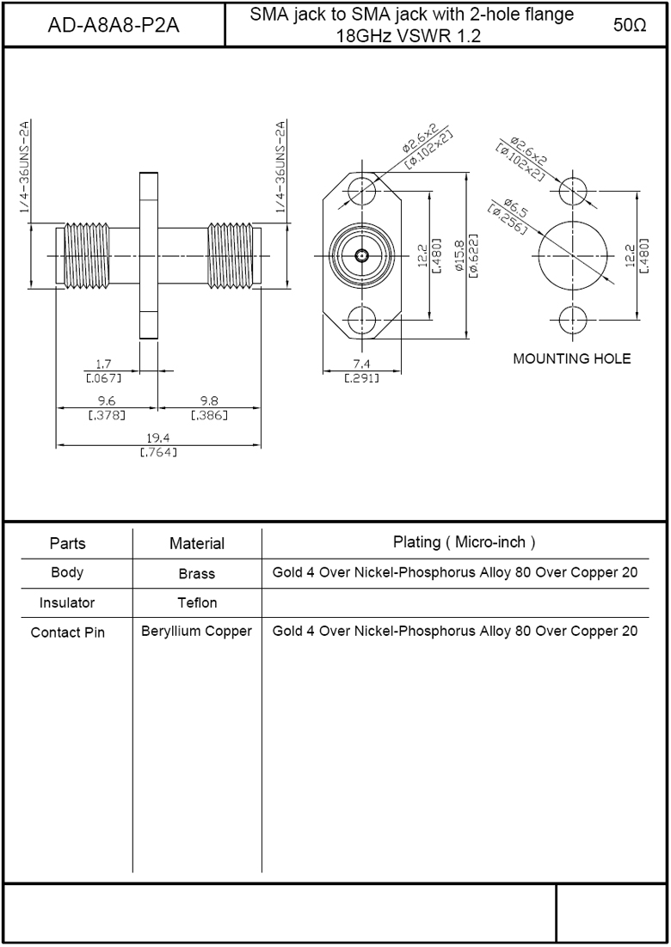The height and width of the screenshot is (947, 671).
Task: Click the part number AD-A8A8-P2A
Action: click(114, 26)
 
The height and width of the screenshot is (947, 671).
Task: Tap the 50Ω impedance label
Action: click(630, 26)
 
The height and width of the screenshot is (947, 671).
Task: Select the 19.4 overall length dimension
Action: click(158, 438)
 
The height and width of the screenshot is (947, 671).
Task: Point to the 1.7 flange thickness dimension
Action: click(104, 364)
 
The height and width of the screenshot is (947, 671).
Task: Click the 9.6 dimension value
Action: click(107, 401)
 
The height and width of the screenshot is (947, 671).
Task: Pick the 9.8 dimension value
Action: click(209, 401)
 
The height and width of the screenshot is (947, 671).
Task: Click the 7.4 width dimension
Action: click(361, 364)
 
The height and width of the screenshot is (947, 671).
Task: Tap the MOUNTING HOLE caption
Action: click(572, 358)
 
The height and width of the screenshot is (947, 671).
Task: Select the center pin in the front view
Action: click(361, 255)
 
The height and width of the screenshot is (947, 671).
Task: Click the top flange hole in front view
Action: click(361, 192)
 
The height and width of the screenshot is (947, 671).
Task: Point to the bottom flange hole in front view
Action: click(361, 319)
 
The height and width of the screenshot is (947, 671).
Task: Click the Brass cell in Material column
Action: click(197, 574)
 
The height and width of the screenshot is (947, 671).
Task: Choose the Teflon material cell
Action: click(197, 602)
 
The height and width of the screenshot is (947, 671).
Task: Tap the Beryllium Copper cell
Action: click(196, 632)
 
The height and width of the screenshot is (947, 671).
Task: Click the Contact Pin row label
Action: click(68, 632)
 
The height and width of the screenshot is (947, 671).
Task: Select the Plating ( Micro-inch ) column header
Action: click(465, 542)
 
